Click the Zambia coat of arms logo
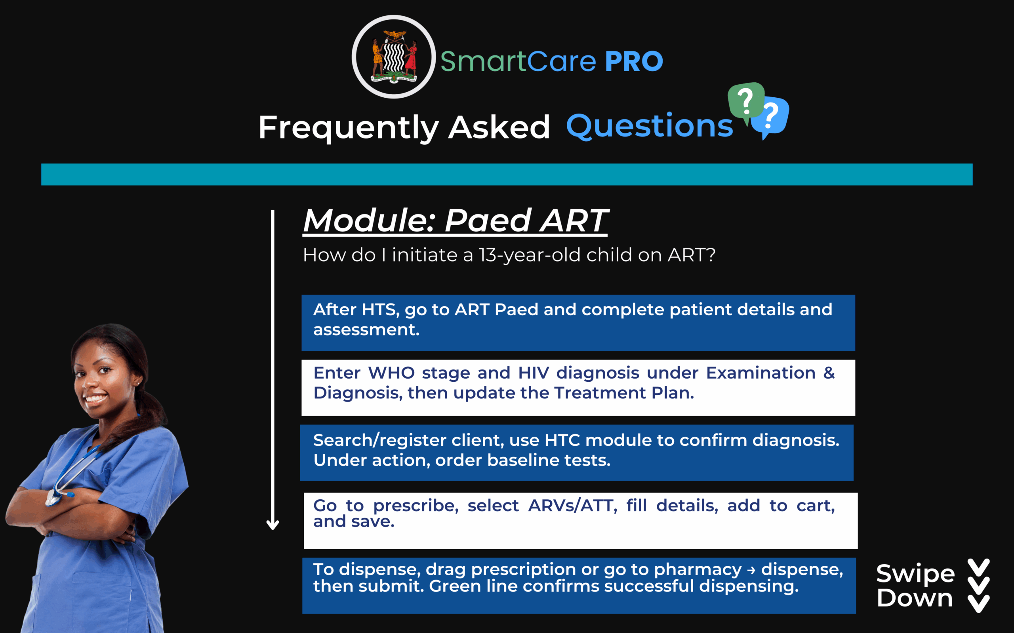coord(393,57)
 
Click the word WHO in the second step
coord(391,373)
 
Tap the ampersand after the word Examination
coord(829,373)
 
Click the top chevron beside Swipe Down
coord(979,567)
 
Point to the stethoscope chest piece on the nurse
coord(53,498)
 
